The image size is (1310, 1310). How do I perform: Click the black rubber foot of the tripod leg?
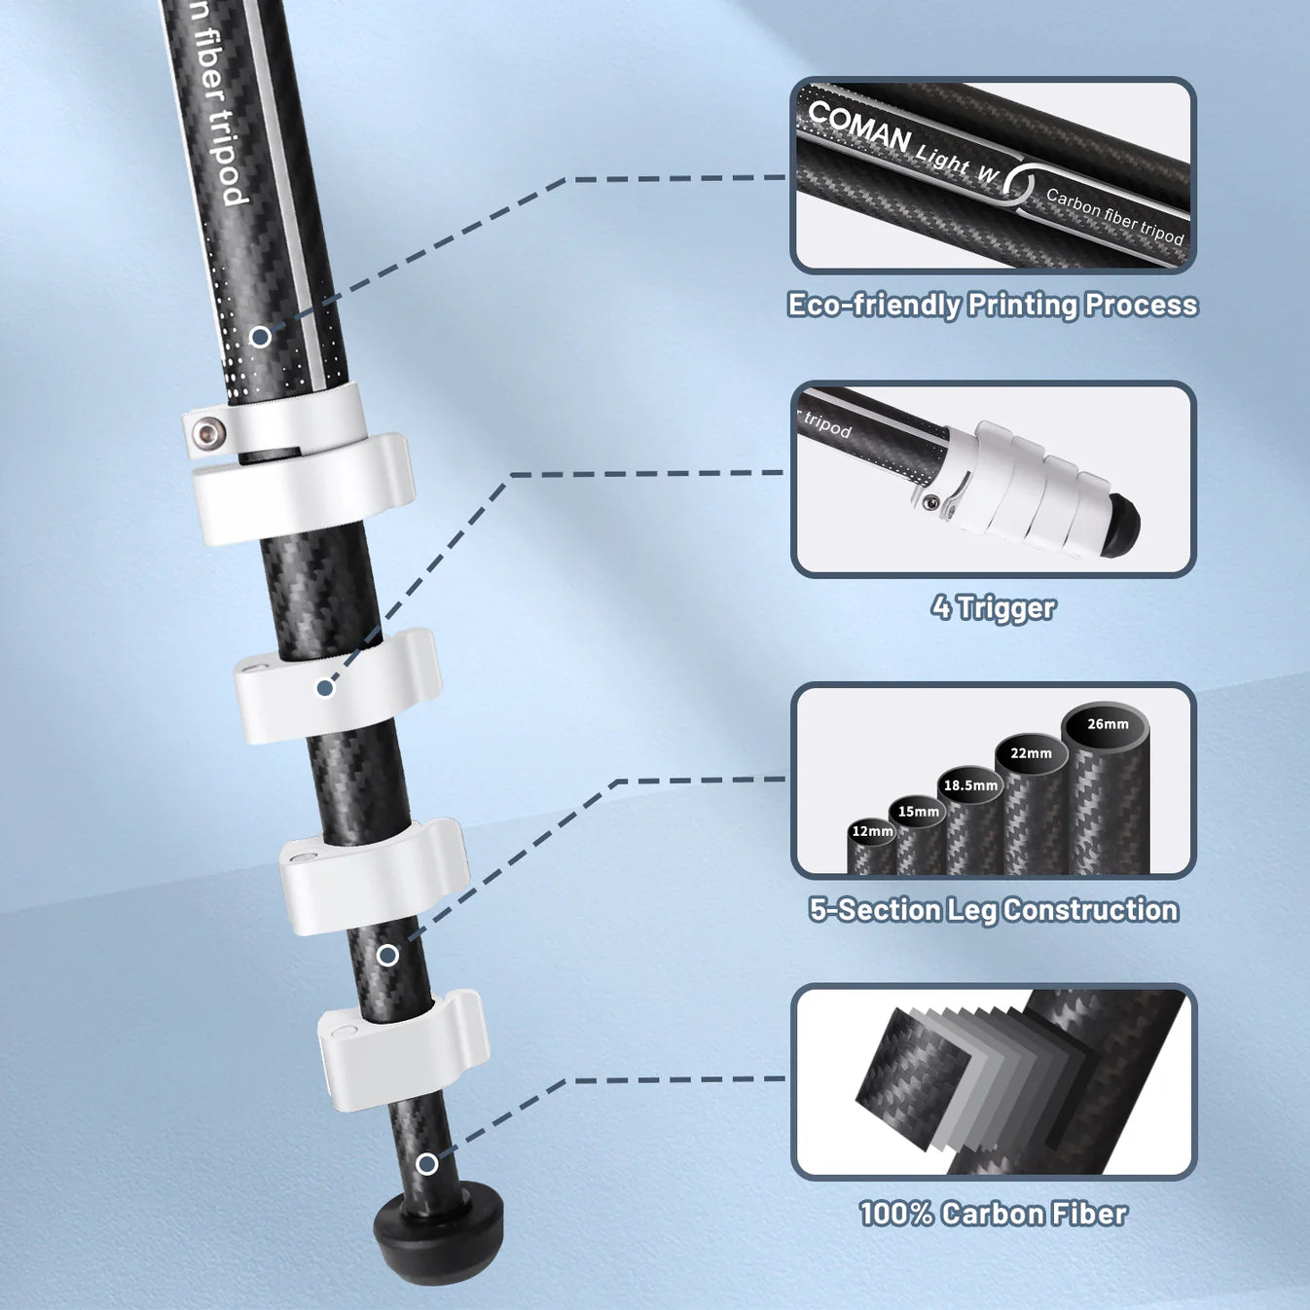coord(439,1233)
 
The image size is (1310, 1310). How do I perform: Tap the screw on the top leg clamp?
coord(206,432)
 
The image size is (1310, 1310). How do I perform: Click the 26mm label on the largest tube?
coord(1108,724)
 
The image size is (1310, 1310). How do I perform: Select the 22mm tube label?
coord(1031,753)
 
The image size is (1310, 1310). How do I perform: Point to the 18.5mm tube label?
coord(970,785)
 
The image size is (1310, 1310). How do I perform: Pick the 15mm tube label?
coord(918,812)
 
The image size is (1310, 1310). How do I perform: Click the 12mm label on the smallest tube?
coord(872,831)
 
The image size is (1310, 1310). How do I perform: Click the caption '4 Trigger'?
coord(993,608)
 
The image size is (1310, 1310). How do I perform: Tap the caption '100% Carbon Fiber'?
coord(993,1214)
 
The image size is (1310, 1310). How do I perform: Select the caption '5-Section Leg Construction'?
coord(993,910)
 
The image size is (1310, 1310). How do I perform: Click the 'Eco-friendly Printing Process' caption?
coord(993,305)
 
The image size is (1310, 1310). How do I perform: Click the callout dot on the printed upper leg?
coord(261,337)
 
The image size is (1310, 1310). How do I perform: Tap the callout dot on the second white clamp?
coord(326,688)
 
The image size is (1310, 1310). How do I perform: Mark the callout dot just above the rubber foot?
coord(426,1164)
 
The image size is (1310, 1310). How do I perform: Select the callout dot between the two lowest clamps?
coord(387,956)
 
